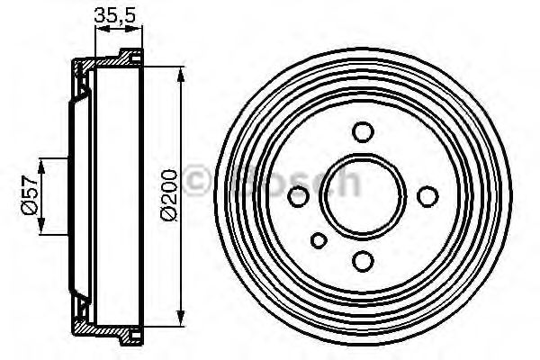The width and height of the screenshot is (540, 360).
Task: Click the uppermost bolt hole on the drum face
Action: tap(363, 131)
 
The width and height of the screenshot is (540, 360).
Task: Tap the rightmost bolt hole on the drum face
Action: tap(427, 195)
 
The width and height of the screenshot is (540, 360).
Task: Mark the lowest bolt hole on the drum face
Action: tap(363, 260)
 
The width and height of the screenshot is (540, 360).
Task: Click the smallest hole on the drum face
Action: tap(319, 240)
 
